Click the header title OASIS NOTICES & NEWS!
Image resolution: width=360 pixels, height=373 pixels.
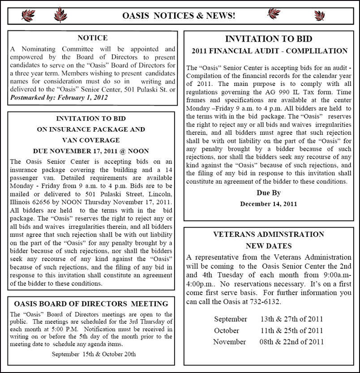pyautogui.click(x=179, y=16)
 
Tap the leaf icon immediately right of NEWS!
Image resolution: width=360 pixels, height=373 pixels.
pyautogui.click(x=274, y=14)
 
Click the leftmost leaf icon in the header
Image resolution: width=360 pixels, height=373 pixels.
pyautogui.click(x=28, y=16)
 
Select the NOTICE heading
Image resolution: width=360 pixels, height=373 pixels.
pyautogui.click(x=92, y=38)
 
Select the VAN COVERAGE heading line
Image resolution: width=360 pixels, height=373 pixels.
pyautogui.click(x=91, y=140)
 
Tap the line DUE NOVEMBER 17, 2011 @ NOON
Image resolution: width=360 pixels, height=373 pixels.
pyautogui.click(x=91, y=151)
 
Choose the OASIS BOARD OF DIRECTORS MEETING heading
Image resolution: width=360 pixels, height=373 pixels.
pyautogui.click(x=91, y=304)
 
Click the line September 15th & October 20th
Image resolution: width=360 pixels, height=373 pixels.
pyautogui.click(x=94, y=354)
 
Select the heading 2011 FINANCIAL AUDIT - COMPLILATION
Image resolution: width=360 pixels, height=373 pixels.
pyautogui.click(x=270, y=51)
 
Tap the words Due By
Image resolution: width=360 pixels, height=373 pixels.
pyautogui.click(x=268, y=193)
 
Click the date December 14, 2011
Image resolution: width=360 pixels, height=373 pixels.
pyautogui.click(x=268, y=204)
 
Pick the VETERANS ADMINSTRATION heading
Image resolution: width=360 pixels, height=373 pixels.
pyautogui.click(x=268, y=235)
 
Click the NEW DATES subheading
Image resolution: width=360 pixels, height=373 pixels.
pyautogui.click(x=268, y=246)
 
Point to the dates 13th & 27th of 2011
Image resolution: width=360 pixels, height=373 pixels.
pyautogui.click(x=291, y=319)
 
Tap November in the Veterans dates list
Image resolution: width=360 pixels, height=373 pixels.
pyautogui.click(x=229, y=342)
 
